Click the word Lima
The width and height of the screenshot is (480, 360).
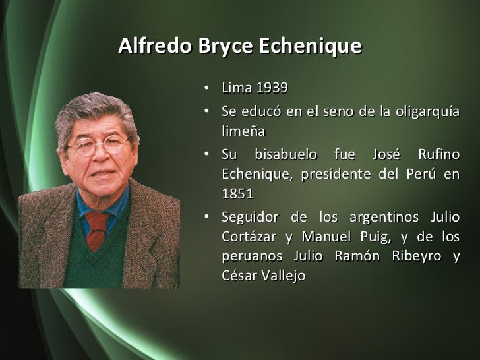click(x=236, y=88)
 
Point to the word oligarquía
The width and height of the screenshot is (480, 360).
click(x=428, y=112)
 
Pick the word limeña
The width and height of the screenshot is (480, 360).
click(x=243, y=131)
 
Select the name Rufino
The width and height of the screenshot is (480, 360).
click(x=438, y=156)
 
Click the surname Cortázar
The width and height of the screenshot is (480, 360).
click(x=250, y=237)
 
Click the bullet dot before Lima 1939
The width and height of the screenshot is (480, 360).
click(x=207, y=88)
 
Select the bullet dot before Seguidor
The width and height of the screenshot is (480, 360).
click(x=207, y=218)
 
